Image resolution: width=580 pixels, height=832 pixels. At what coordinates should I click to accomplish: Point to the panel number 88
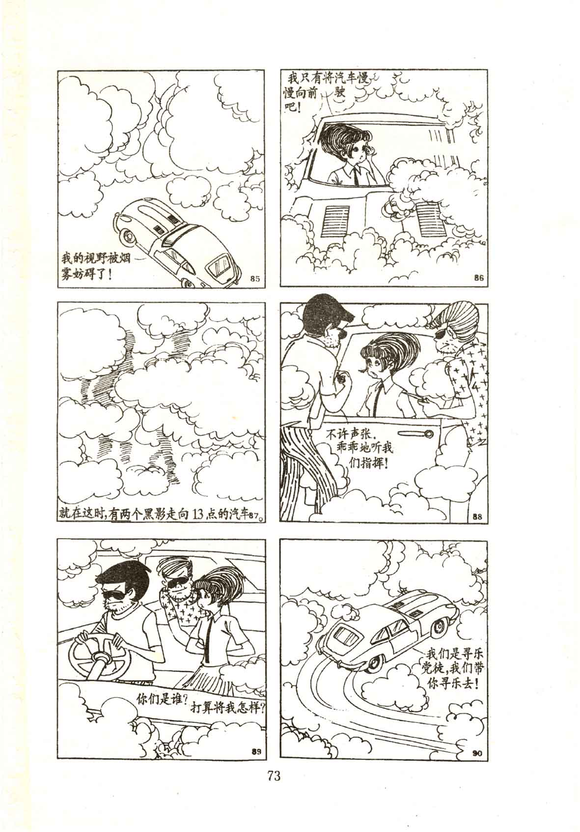pyautogui.click(x=477, y=515)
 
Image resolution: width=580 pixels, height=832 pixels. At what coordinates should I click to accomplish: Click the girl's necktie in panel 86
pyautogui.click(x=356, y=174)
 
